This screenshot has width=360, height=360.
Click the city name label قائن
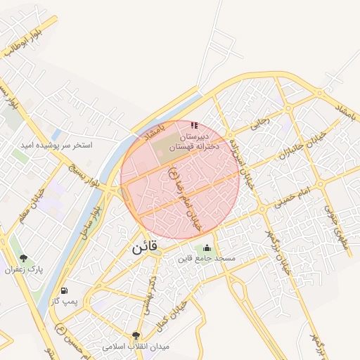(146, 247)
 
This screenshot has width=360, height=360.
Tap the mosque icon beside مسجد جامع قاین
(207, 248)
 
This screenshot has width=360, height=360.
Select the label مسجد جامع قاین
(207, 259)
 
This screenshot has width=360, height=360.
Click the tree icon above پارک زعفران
(25, 259)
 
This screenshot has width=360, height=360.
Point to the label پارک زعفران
(25, 270)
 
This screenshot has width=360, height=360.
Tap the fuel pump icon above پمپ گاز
(65, 290)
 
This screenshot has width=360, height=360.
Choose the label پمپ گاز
(64, 301)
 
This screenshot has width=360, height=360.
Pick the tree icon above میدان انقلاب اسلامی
(136, 335)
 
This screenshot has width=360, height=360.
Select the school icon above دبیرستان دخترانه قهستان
(194, 126)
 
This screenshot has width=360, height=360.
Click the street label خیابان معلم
(30, 200)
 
